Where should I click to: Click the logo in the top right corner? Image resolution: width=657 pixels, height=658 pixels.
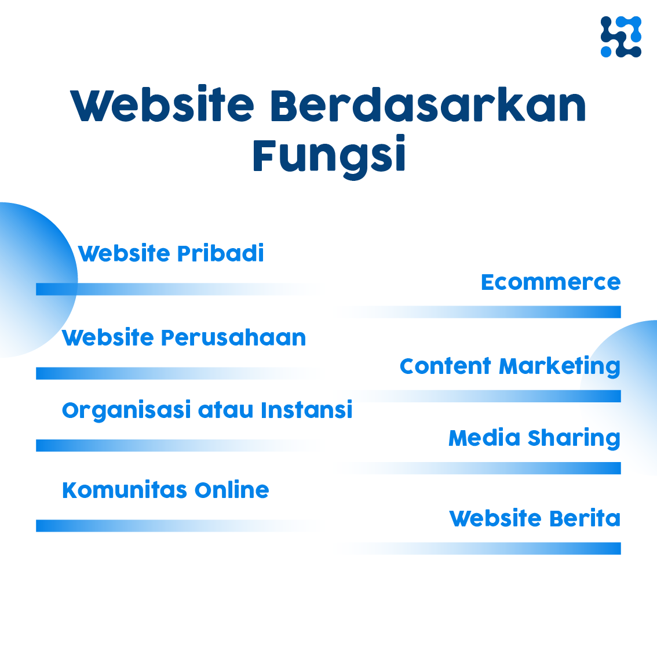(x=620, y=37)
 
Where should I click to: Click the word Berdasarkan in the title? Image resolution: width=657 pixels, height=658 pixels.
(x=428, y=107)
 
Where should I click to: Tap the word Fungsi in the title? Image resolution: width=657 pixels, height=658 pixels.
(x=329, y=156)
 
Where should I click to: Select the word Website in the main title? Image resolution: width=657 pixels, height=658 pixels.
(x=162, y=107)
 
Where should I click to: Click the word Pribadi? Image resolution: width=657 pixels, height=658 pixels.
(x=220, y=254)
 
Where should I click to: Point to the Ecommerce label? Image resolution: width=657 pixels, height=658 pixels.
(x=550, y=282)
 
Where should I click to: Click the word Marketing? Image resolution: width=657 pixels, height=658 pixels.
(x=559, y=367)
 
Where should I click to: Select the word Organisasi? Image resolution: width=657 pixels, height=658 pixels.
(x=126, y=410)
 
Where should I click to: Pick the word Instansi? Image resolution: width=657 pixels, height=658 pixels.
(x=306, y=410)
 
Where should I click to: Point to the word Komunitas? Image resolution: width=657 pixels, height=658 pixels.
(x=125, y=490)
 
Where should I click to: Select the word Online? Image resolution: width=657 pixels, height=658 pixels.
(x=232, y=490)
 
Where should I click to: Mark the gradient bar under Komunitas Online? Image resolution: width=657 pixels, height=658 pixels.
(x=145, y=526)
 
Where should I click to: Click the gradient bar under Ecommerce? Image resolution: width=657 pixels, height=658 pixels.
(x=521, y=312)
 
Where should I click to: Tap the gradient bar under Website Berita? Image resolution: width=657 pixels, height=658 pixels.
(x=521, y=548)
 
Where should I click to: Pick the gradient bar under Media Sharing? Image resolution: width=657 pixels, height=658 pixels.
(x=521, y=468)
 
